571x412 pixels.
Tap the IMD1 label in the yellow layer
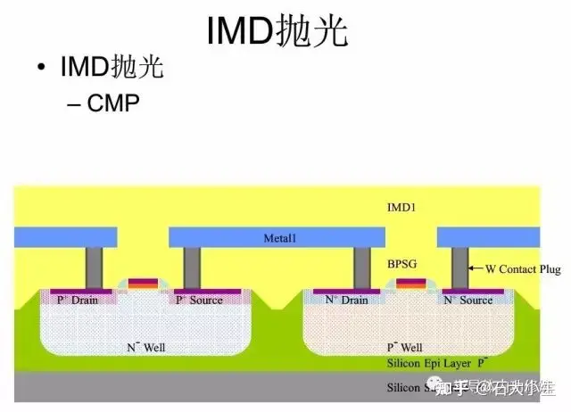tap(402, 207)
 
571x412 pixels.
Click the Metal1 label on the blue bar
tap(277, 238)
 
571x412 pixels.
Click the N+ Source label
tap(468, 301)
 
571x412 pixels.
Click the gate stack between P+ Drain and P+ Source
tap(143, 284)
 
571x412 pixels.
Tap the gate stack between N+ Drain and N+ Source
tap(410, 284)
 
